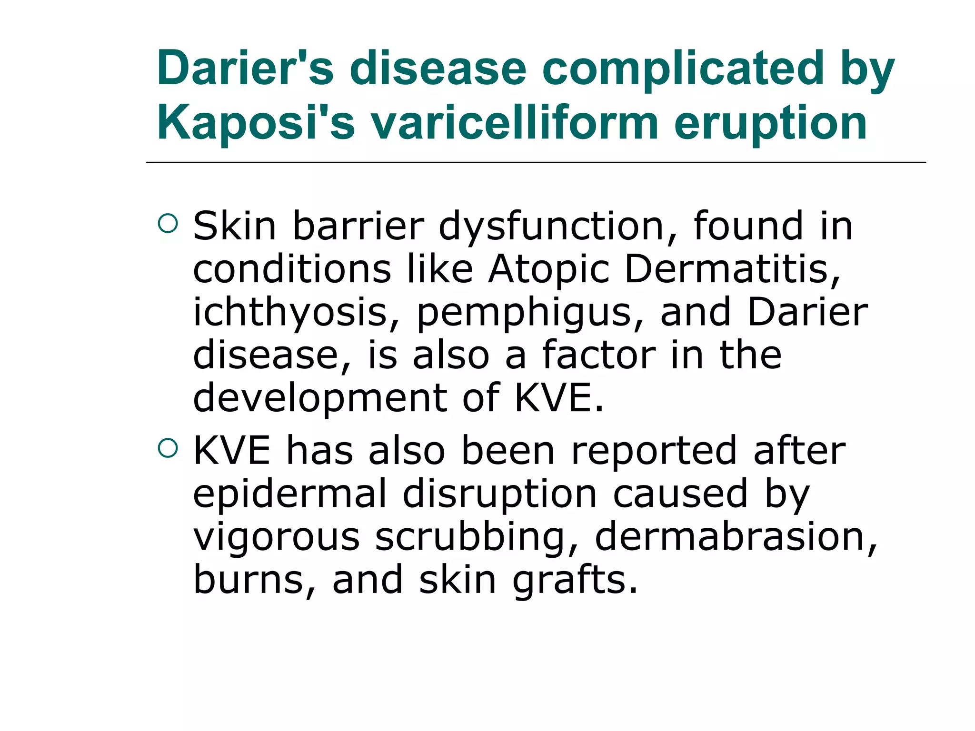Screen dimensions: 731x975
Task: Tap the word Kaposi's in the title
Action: click(256, 122)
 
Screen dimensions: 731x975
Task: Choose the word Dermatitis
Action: click(732, 269)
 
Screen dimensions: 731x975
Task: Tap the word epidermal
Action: click(289, 494)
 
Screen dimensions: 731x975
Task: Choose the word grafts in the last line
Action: click(575, 581)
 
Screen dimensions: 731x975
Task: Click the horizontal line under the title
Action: click(536, 163)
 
